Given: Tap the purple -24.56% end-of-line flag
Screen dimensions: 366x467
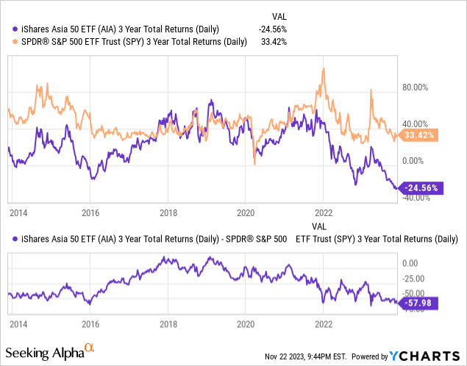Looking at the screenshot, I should point(420,187).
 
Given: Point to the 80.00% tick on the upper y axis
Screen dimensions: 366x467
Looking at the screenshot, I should point(415,87).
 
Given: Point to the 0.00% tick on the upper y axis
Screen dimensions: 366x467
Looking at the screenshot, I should point(413,160).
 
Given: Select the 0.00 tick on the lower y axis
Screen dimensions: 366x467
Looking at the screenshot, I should point(409,262).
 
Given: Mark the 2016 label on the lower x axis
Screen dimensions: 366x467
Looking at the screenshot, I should point(90,323).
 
